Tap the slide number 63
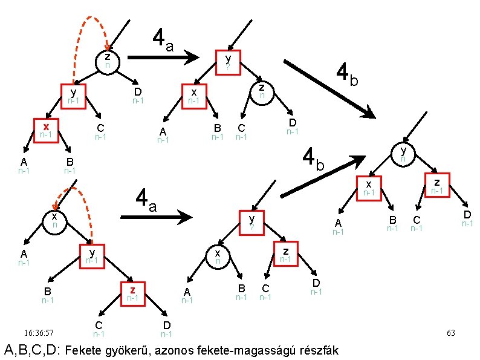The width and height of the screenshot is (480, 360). (450, 333)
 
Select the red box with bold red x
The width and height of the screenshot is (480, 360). (45, 129)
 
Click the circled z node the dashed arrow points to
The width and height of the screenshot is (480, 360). (107, 61)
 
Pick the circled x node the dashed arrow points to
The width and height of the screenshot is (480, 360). (54, 220)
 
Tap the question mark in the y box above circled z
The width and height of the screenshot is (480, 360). (228, 66)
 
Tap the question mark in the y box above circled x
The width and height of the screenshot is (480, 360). (253, 227)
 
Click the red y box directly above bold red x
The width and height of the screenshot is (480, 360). (73, 96)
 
